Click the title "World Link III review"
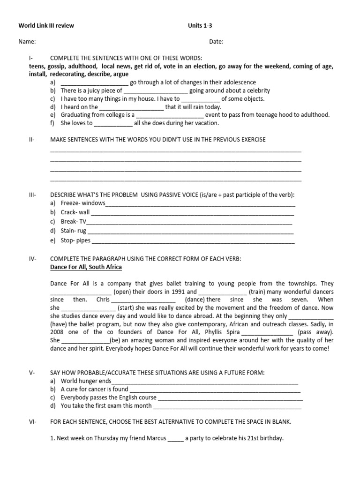tap(46, 25)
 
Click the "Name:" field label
tap(27, 42)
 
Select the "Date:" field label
tap(216, 42)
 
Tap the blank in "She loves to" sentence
tap(113, 123)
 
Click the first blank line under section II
tap(175, 150)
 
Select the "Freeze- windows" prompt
tap(83, 203)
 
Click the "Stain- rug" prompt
tap(74, 231)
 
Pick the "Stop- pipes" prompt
tap(75, 240)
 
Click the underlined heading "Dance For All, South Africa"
tap(86, 267)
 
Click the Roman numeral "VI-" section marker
tap(32, 422)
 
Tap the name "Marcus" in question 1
tap(155, 439)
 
